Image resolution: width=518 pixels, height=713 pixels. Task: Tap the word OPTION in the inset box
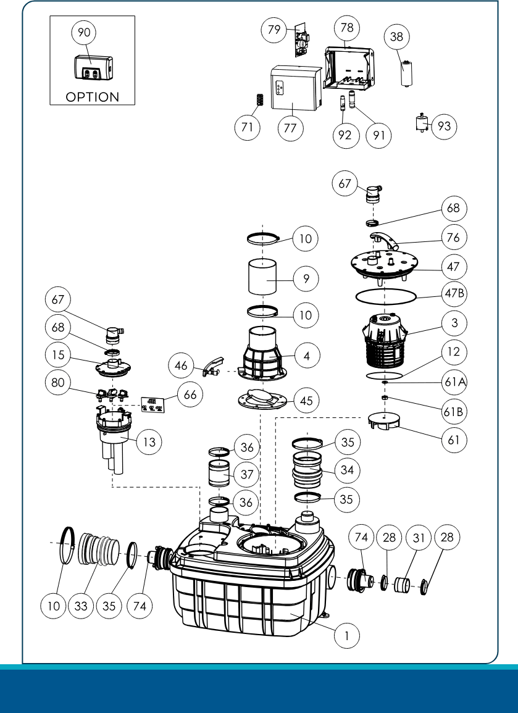tap(92, 97)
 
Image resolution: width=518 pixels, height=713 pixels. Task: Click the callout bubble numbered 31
tap(419, 538)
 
